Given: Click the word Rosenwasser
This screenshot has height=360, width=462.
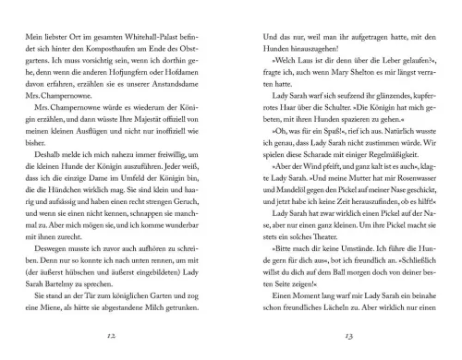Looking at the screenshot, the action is coord(398,200).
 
